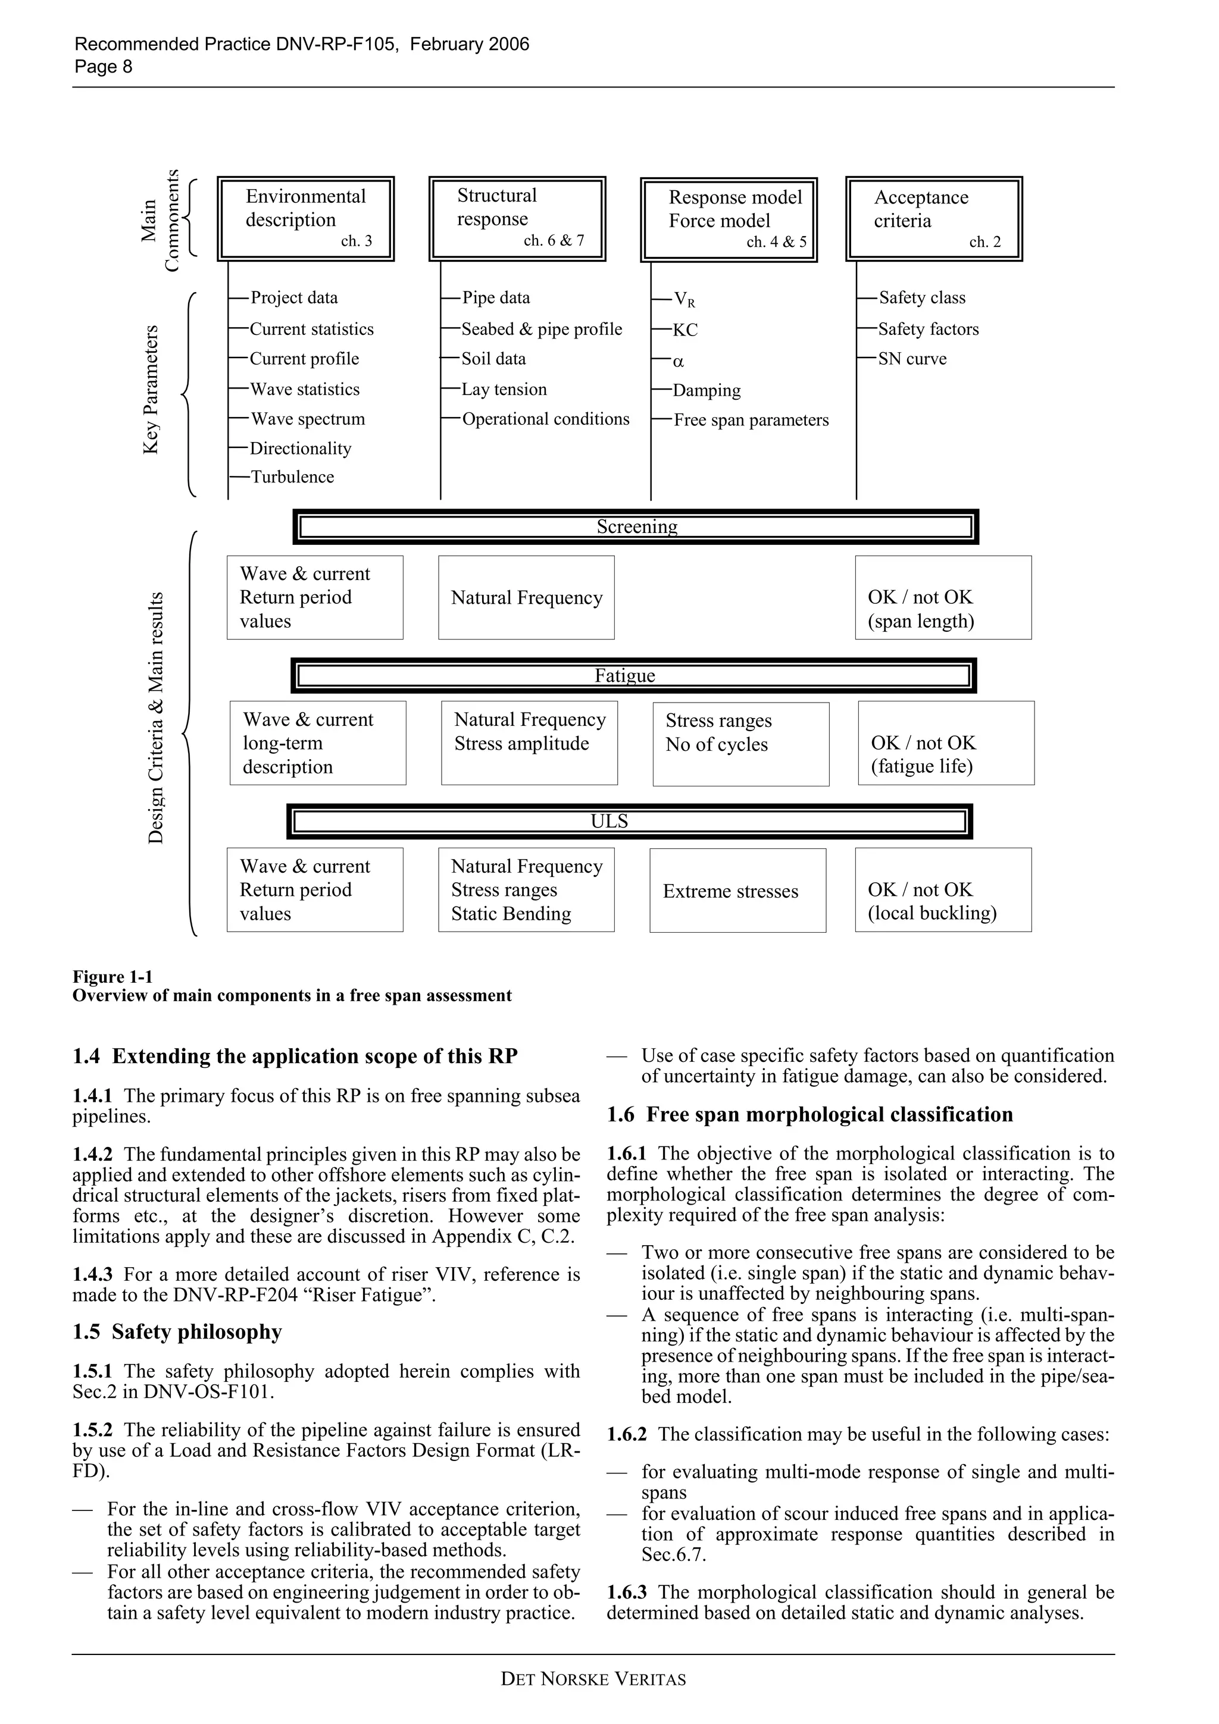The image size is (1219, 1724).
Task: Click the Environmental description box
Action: point(306,218)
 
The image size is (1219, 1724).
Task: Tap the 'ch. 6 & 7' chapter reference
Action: point(554,241)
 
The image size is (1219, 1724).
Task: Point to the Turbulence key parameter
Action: point(292,477)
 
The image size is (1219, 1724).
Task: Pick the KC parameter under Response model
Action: point(685,330)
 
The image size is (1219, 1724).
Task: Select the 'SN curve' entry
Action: point(912,359)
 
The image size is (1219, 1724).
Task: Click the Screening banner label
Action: point(636,526)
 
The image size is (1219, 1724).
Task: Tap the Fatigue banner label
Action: point(624,675)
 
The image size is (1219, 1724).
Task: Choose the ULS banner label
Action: point(608,821)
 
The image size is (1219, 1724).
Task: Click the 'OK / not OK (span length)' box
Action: point(943,598)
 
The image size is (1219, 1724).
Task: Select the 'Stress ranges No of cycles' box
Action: point(740,744)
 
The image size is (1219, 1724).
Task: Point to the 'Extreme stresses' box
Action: point(737,891)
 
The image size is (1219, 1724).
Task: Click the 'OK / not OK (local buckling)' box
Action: point(943,890)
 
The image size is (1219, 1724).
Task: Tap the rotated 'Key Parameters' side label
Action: point(151,389)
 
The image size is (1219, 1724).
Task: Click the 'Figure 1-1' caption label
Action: point(112,977)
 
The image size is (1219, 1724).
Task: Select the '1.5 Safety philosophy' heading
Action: point(177,1331)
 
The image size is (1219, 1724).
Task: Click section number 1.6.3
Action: point(626,1593)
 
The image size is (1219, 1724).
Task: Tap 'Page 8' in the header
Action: point(103,67)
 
